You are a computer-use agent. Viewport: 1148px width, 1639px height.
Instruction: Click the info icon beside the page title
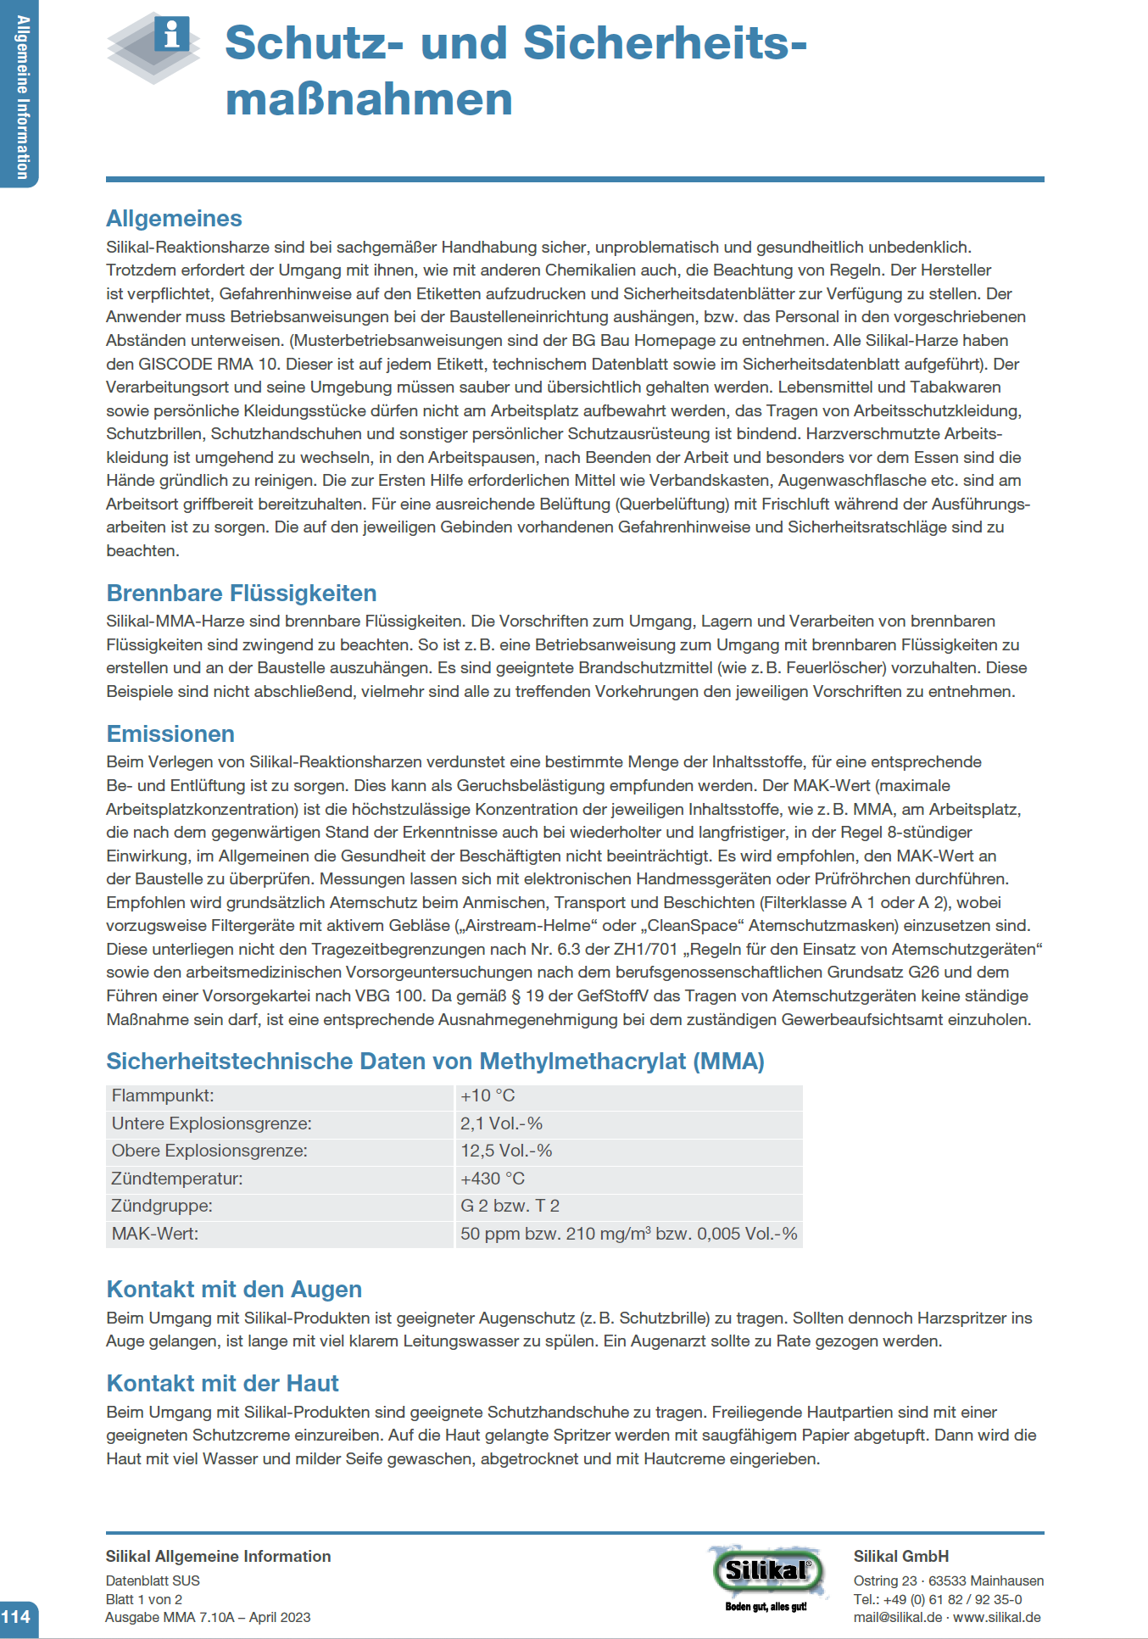tap(172, 36)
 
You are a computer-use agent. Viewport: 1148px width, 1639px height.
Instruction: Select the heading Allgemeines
tap(174, 219)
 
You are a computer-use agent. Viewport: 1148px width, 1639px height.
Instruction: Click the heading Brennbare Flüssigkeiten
tap(241, 594)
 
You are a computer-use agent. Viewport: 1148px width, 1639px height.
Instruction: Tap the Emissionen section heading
tap(170, 734)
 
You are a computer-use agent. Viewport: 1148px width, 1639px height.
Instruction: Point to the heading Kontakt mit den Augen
tap(234, 1290)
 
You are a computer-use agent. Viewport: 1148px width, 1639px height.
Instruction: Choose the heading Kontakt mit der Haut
tap(222, 1384)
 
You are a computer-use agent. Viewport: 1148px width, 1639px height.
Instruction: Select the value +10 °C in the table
tap(488, 1095)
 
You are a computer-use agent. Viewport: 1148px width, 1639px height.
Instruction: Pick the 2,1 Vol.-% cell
tap(501, 1123)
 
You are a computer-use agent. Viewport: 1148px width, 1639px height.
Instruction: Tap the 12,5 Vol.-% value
tap(506, 1151)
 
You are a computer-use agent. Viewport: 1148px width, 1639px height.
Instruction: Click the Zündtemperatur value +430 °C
tap(493, 1179)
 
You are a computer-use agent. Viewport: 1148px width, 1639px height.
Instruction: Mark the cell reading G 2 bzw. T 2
tap(510, 1206)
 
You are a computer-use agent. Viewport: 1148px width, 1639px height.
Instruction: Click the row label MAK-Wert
tap(155, 1234)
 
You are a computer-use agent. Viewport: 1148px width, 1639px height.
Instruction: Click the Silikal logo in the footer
tap(766, 1573)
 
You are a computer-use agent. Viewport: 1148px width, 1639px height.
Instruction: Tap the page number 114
tap(16, 1617)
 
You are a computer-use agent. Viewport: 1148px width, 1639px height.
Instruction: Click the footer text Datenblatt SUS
tap(153, 1580)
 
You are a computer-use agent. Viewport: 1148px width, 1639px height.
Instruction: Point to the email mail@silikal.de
tap(897, 1617)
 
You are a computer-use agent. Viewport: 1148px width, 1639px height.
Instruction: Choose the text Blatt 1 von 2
tap(144, 1599)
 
